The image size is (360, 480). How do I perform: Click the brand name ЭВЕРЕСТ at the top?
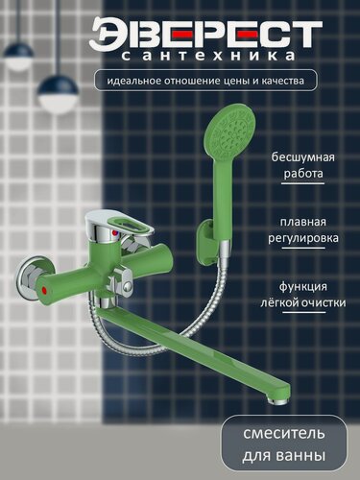tap(205, 35)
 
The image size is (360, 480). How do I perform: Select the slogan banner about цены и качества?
tap(205, 82)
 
